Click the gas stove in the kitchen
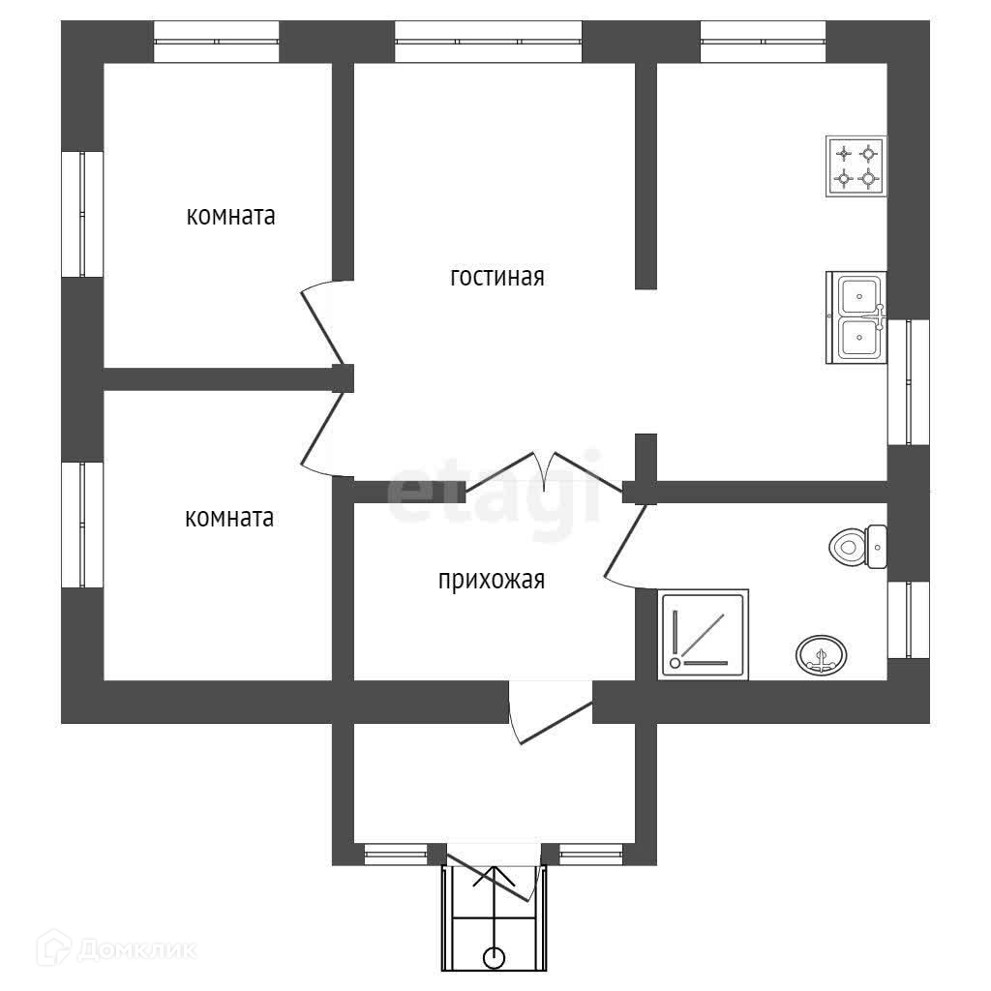tap(856, 166)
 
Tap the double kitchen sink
tap(856, 317)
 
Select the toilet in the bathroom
tap(858, 546)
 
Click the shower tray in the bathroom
tap(704, 635)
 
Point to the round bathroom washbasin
tap(821, 654)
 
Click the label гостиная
tap(497, 277)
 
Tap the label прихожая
tap(492, 580)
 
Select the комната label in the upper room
tap(230, 216)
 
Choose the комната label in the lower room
tap(229, 519)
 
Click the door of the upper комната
tap(323, 323)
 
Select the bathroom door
tap(625, 546)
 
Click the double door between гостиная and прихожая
tap(544, 471)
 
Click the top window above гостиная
tap(489, 42)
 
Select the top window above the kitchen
tap(763, 42)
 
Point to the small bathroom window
tap(909, 620)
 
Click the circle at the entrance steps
tap(495, 957)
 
